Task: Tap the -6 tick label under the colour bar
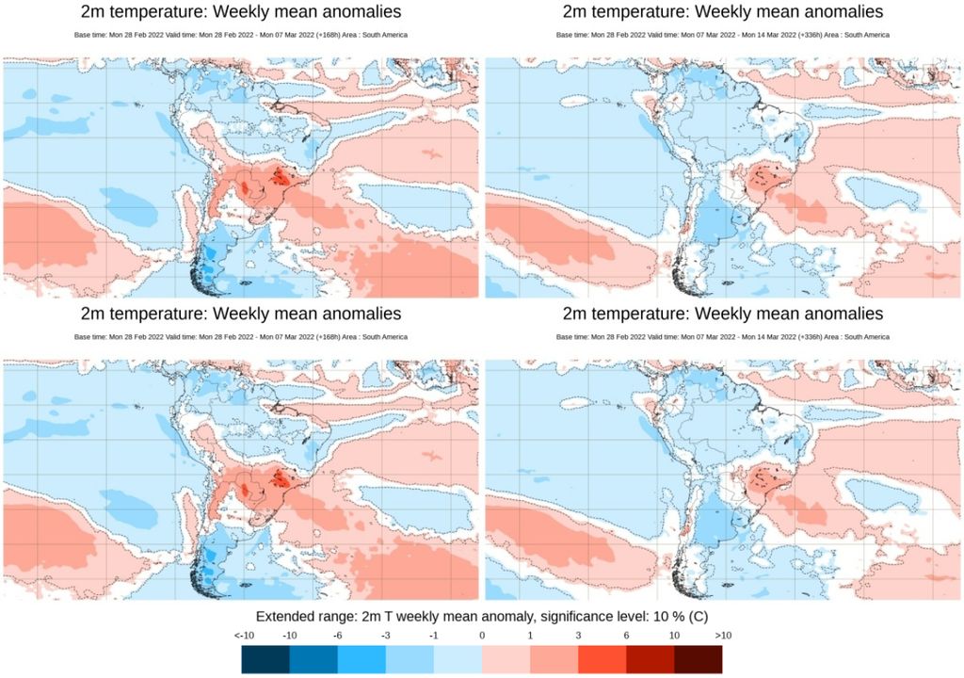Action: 337,636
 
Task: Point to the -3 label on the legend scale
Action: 385,636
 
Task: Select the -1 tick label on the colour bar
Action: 433,636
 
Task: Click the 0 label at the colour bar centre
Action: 482,636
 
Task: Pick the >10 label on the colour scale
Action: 722,636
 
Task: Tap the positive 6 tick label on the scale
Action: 626,636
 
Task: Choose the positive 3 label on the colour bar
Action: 578,636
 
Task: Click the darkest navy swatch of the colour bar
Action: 265,659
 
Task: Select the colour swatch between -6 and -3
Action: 361,659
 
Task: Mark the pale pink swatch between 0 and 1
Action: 506,659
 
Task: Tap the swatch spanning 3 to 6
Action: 602,659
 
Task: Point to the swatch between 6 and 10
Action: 650,659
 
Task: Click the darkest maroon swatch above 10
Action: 698,659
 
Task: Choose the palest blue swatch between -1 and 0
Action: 458,659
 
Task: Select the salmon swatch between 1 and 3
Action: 554,659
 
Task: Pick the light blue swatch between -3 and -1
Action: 410,659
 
